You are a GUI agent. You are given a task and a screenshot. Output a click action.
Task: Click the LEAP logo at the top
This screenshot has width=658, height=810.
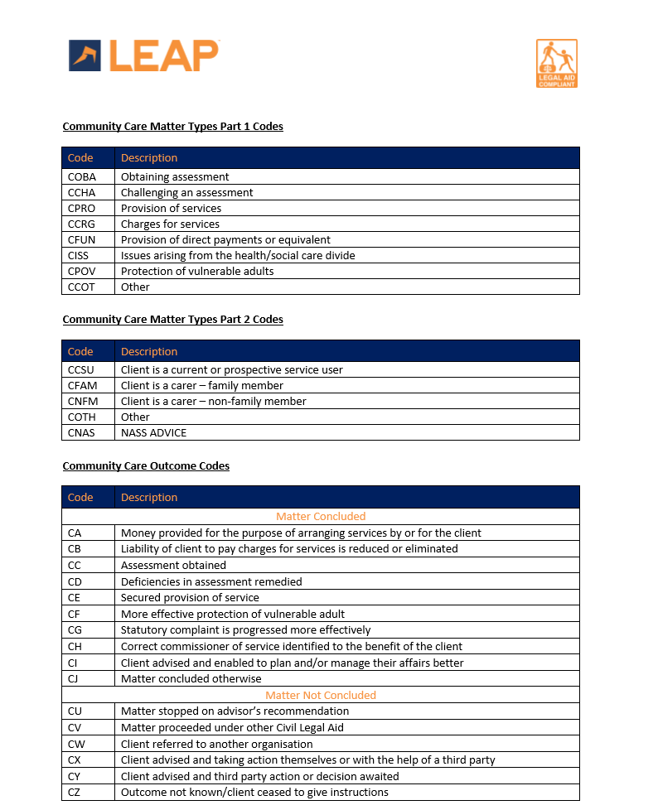143,55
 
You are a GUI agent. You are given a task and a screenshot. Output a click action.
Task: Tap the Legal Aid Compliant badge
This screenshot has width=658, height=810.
557,63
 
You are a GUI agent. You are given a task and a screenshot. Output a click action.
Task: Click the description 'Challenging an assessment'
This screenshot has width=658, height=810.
187,192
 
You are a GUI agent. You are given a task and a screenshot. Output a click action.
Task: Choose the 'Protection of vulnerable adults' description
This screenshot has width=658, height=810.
197,271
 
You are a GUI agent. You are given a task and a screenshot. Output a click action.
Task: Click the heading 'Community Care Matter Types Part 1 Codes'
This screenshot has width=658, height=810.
172,127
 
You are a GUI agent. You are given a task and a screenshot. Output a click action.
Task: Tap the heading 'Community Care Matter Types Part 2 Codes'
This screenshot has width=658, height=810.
172,320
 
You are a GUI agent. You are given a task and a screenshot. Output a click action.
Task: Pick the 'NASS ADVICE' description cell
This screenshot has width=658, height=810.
154,432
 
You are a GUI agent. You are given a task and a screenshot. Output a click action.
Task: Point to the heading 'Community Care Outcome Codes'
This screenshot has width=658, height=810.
146,466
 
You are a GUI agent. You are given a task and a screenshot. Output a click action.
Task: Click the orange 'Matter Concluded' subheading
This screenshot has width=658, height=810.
321,516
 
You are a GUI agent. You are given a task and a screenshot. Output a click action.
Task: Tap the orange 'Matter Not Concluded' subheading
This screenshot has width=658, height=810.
321,695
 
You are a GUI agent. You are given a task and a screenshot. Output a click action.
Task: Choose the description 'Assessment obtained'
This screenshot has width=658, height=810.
173,565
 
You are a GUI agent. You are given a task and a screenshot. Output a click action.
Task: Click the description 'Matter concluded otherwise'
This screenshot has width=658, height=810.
191,678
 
